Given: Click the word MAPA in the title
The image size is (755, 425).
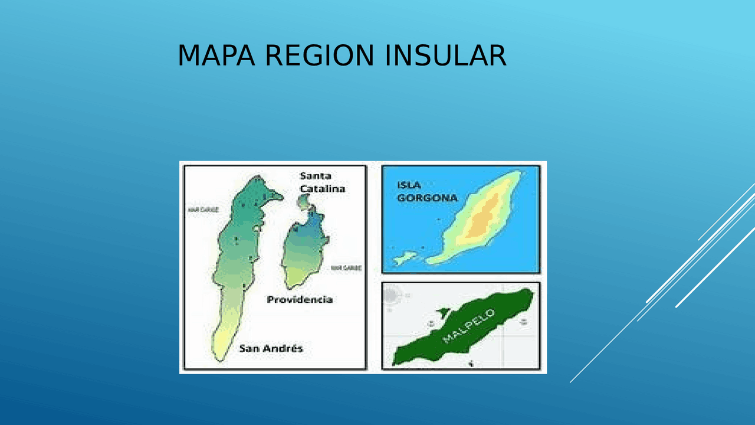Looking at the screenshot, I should pyautogui.click(x=216, y=56).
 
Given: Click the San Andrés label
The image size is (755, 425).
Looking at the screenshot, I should pyautogui.click(x=271, y=348).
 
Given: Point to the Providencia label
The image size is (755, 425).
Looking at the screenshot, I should pyautogui.click(x=300, y=299).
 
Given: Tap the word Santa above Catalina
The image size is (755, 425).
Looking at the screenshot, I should pyautogui.click(x=316, y=176).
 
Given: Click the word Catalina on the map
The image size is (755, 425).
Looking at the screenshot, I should pyautogui.click(x=322, y=188).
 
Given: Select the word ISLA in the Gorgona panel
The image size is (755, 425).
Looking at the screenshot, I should pyautogui.click(x=409, y=185).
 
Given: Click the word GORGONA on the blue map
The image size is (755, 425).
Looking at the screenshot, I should pyautogui.click(x=427, y=198).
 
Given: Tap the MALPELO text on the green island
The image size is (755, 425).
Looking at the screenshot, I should pyautogui.click(x=469, y=326).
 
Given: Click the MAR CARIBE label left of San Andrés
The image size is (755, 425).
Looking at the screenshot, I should pyautogui.click(x=203, y=210).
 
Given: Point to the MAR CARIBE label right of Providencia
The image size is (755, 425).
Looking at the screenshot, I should pyautogui.click(x=346, y=267).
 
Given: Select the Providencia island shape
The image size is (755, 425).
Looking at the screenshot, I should pyautogui.click(x=304, y=248).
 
